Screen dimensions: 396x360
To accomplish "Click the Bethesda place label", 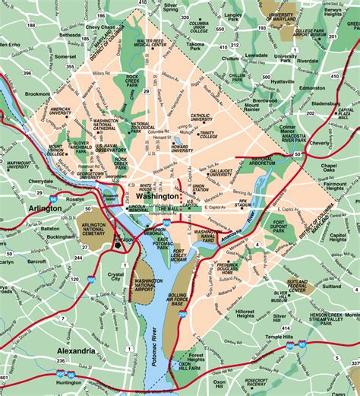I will (70, 35).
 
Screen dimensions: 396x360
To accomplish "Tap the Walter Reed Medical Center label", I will (150, 44).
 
